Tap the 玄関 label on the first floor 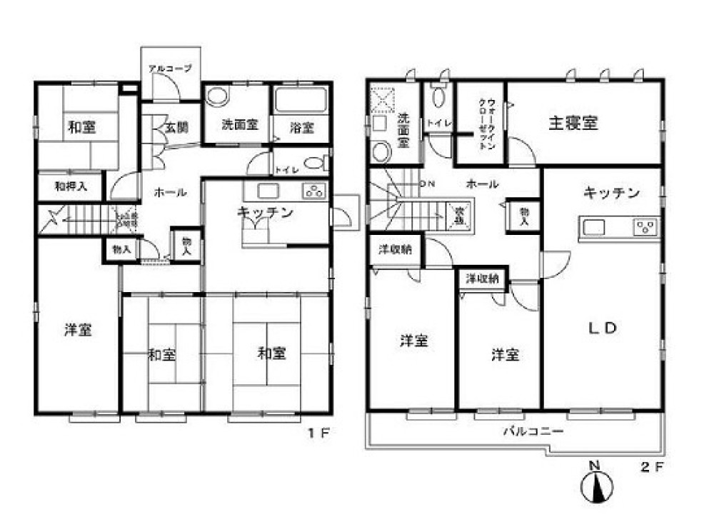point(176,128)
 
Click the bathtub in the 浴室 point(301,100)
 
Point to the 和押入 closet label point(71,187)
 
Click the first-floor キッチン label point(266,211)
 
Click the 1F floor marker point(316,432)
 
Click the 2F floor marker point(654,468)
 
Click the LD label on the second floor point(601,328)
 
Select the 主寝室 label point(573,123)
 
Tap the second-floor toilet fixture point(440,97)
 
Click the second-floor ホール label point(482,184)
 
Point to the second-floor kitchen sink point(595,228)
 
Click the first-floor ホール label point(171,192)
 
